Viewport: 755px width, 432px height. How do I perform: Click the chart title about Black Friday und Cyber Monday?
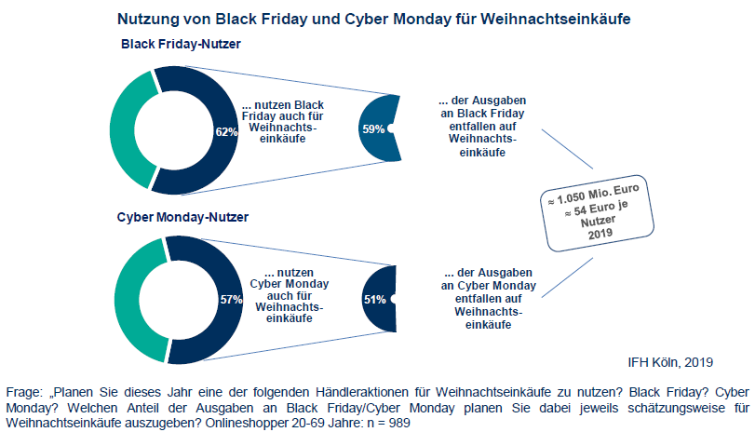coord(374,19)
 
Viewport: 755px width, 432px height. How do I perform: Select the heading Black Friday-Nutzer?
coord(181,44)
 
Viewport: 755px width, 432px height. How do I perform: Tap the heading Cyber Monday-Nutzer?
coord(182,217)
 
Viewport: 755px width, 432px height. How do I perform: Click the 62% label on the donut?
coord(226,132)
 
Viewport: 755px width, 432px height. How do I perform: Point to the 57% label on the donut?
coord(231,300)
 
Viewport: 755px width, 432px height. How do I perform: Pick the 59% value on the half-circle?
coord(373,129)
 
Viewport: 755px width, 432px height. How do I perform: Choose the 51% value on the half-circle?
coord(374,300)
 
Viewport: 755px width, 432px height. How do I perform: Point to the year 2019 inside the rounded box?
coord(600,234)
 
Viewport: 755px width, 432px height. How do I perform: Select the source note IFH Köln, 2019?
coord(670,362)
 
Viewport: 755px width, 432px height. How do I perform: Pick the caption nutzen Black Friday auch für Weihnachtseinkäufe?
coord(283,122)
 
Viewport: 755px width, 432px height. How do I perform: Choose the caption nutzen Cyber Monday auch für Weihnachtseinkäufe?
coord(290,295)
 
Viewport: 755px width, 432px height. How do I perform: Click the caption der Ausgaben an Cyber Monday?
coord(488,279)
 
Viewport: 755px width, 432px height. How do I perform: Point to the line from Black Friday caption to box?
coord(567,149)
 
